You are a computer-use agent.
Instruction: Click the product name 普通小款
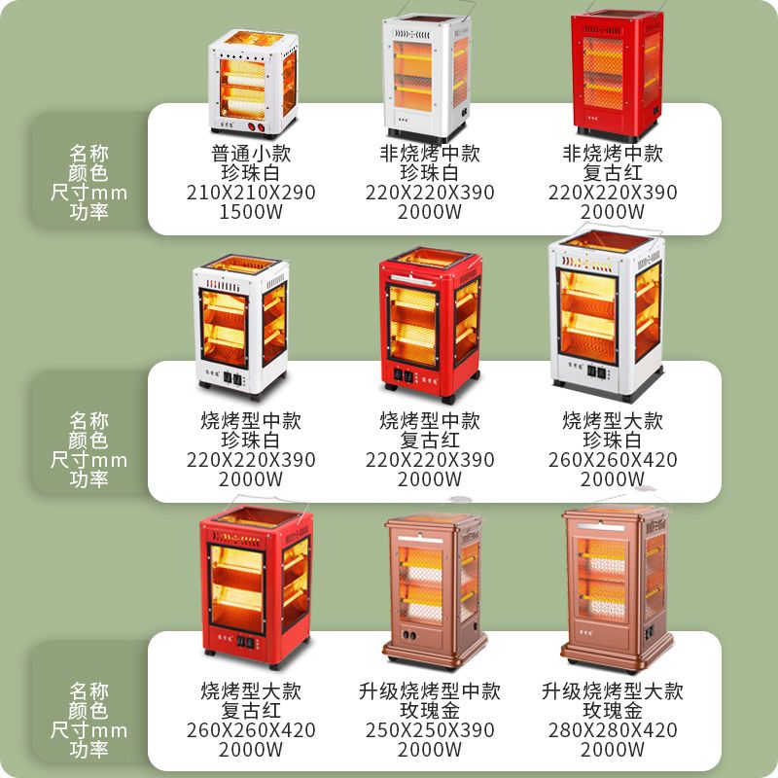(x=251, y=154)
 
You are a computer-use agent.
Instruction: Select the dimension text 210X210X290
(x=251, y=193)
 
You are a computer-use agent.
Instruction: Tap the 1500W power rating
(x=251, y=212)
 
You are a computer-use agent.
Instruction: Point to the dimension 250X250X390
(x=430, y=729)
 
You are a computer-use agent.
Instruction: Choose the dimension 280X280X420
(x=613, y=729)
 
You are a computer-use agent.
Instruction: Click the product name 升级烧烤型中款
(x=430, y=691)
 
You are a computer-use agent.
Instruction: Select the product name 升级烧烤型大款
(x=613, y=691)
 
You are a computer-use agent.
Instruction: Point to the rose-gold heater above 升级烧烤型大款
(x=615, y=583)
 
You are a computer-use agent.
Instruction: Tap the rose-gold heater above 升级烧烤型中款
(x=433, y=588)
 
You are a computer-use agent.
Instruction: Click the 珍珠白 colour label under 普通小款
(x=251, y=173)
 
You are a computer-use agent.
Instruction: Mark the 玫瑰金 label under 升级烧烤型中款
(x=430, y=711)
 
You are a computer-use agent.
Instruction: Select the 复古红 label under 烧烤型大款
(x=251, y=711)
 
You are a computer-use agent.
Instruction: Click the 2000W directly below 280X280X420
(x=613, y=749)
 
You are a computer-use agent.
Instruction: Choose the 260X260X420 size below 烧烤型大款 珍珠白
(x=613, y=460)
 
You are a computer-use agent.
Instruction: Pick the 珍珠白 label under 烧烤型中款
(x=251, y=441)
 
